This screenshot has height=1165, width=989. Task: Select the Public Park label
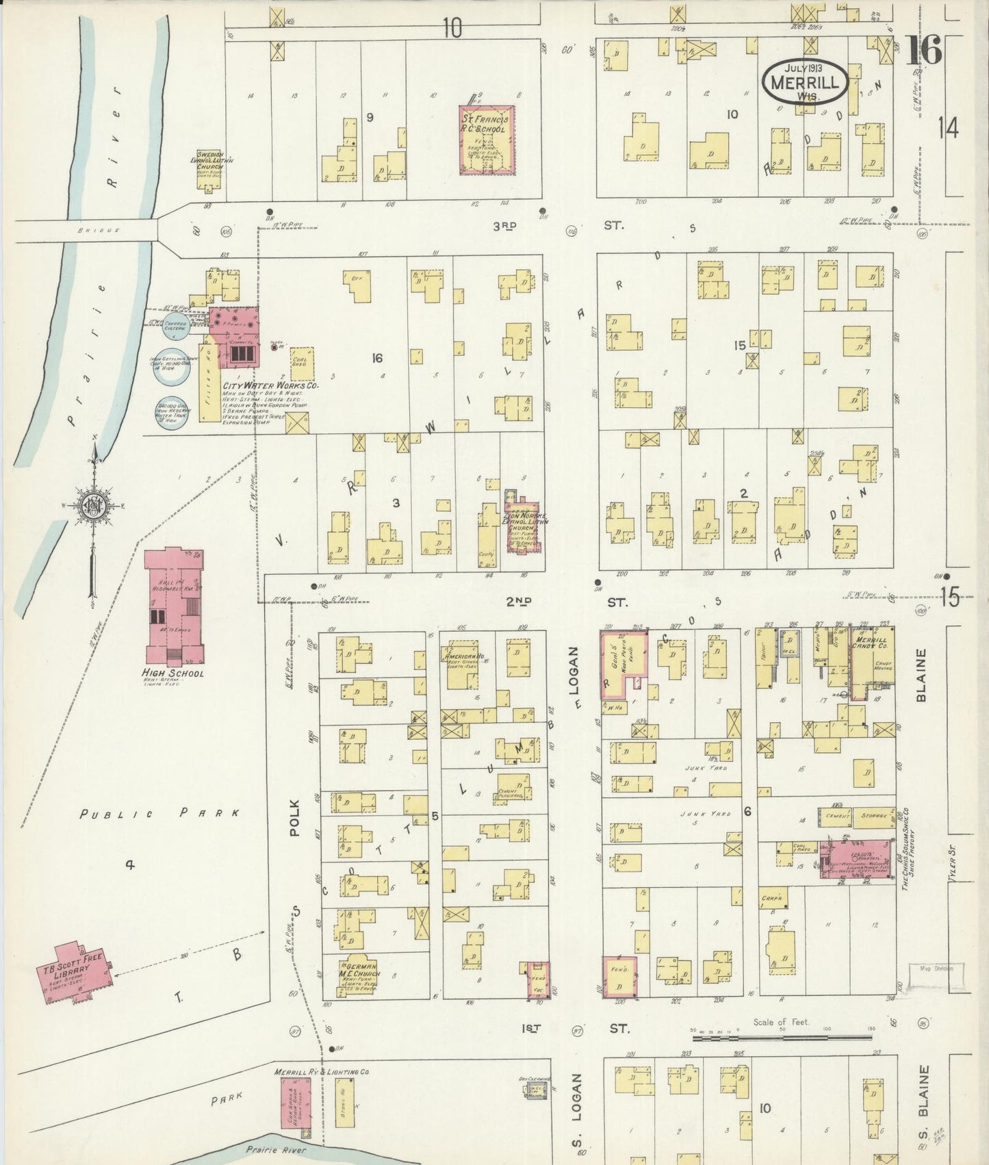coord(159,814)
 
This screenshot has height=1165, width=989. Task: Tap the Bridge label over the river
coord(101,231)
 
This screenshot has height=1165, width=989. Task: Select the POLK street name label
coord(295,817)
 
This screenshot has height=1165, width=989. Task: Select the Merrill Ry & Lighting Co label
coord(321,1071)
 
